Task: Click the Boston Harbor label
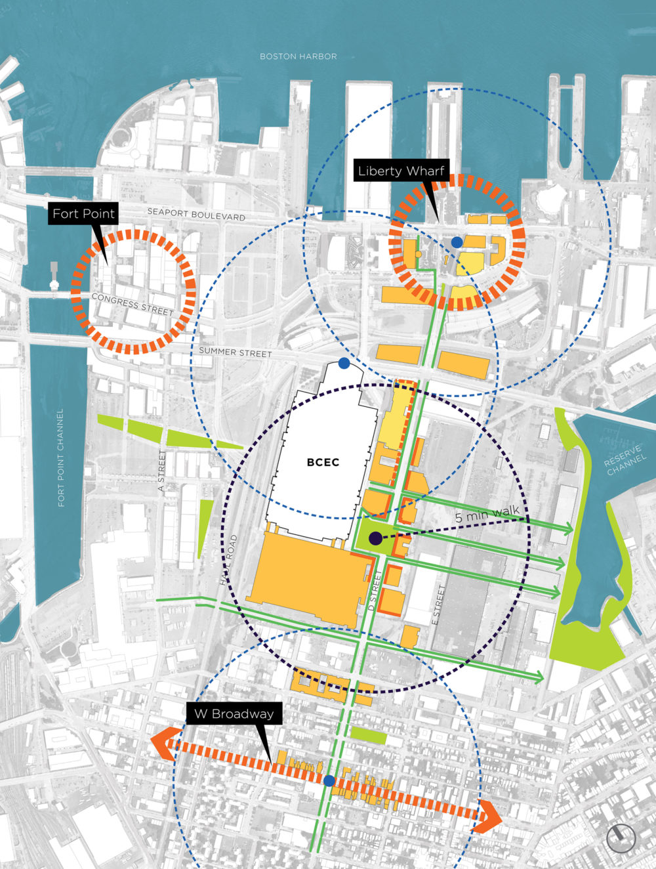coord(298,56)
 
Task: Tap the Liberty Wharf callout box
coord(401,171)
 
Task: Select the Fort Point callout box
coord(83,213)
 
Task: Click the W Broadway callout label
coord(234,714)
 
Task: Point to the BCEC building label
coord(323,462)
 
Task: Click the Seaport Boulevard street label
coord(195,213)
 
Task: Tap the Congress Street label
coord(133,305)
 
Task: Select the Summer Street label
coord(235,352)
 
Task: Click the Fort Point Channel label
coord(61,457)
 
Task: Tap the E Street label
coord(439,604)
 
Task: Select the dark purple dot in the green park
coord(375,538)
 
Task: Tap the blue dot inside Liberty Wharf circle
coord(457,242)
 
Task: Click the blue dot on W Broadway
coord(329,780)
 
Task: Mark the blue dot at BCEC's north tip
coord(343,363)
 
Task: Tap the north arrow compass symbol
coord(621,838)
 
